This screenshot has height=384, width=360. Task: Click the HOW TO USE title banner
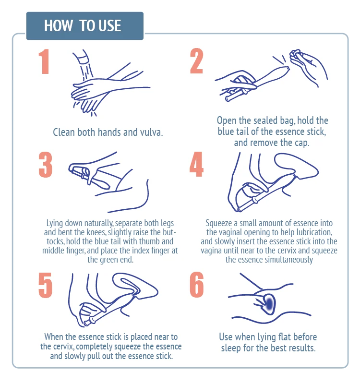pyautogui.click(x=85, y=26)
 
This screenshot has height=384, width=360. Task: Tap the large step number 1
pyautogui.click(x=44, y=61)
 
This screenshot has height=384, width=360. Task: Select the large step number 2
pyautogui.click(x=197, y=61)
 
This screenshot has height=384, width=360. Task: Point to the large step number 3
pyautogui.click(x=46, y=165)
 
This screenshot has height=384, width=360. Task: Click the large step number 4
pyautogui.click(x=196, y=164)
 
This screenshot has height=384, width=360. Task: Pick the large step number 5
pyautogui.click(x=45, y=285)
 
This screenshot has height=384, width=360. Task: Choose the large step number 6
pyautogui.click(x=197, y=285)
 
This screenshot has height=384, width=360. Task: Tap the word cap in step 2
pyautogui.click(x=302, y=143)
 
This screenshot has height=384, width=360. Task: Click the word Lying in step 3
pyautogui.click(x=55, y=224)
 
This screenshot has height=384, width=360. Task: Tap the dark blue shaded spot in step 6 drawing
pyautogui.click(x=269, y=304)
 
